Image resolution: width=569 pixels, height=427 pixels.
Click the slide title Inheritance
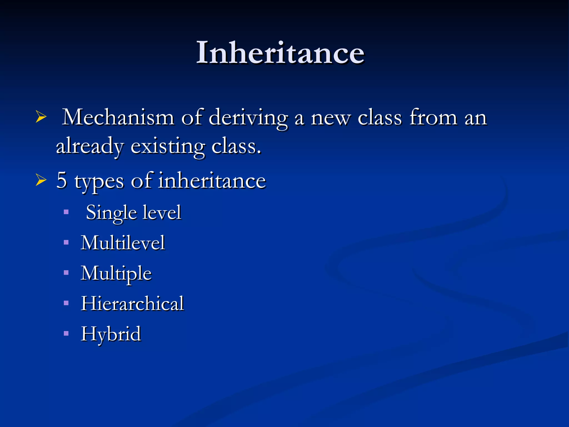pyautogui.click(x=280, y=53)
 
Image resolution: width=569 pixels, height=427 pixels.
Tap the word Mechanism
pyautogui.click(x=118, y=118)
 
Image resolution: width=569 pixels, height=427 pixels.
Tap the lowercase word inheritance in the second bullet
pyautogui.click(x=212, y=181)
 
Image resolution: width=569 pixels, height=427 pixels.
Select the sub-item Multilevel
pyautogui.click(x=123, y=243)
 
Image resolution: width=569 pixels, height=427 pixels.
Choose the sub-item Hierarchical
pyautogui.click(x=132, y=303)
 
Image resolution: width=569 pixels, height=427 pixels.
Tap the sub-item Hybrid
pyautogui.click(x=111, y=334)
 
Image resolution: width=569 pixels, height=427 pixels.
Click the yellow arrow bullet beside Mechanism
pyautogui.click(x=41, y=117)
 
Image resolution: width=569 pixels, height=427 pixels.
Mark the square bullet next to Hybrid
pyautogui.click(x=66, y=333)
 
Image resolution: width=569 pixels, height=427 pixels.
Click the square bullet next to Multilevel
pyautogui.click(x=66, y=242)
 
